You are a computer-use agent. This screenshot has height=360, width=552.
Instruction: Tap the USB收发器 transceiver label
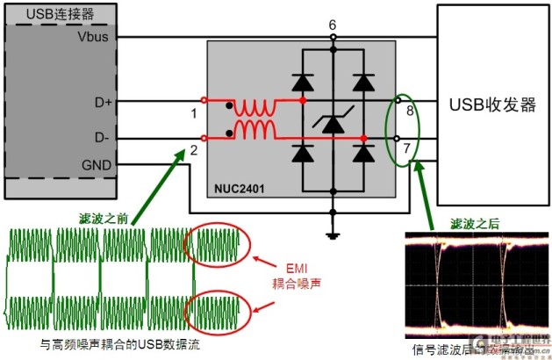click(x=492, y=104)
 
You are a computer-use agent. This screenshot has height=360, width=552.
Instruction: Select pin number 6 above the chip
click(x=333, y=25)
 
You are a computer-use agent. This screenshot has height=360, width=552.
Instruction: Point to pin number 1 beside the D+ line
click(x=193, y=113)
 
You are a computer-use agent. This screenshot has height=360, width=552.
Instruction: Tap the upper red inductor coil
click(x=254, y=107)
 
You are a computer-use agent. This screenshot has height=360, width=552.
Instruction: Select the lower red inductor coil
click(x=254, y=132)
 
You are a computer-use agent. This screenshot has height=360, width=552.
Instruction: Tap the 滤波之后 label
click(x=475, y=223)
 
